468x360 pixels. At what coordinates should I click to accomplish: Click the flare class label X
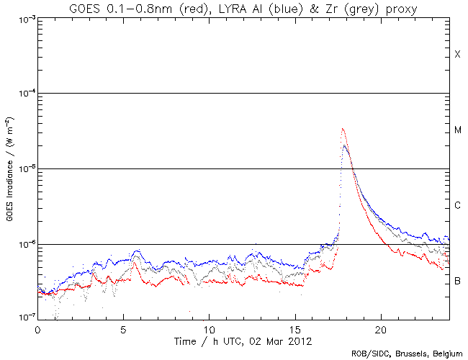tap(457, 55)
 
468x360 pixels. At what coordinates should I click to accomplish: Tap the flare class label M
tap(457, 130)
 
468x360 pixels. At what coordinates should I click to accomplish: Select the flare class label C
tap(457, 206)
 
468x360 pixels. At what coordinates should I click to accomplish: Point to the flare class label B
tap(457, 280)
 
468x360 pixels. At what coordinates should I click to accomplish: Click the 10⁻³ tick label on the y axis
tap(23, 19)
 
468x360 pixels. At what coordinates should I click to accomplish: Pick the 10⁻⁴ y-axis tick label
tap(23, 94)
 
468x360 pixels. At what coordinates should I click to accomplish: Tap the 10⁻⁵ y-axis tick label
tap(23, 169)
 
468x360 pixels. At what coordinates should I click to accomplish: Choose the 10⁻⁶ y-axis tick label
tap(23, 245)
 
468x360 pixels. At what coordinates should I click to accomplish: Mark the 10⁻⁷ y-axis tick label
tap(23, 318)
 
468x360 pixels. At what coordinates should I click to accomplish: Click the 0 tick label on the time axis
tap(37, 328)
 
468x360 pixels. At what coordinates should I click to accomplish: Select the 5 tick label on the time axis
tap(123, 328)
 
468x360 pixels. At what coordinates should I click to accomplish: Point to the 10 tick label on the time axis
tap(209, 328)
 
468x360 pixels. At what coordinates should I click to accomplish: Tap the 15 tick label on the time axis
tap(294, 328)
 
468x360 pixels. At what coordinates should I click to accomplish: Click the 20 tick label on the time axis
tap(380, 328)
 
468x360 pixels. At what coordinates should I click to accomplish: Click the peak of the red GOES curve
tap(343, 130)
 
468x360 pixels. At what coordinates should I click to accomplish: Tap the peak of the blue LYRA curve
tap(346, 146)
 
